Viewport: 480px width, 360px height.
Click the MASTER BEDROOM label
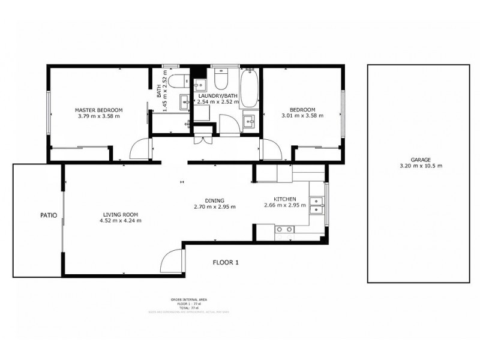click(x=98, y=110)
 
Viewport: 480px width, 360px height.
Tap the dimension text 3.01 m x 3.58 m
click(x=302, y=116)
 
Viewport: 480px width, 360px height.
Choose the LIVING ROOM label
click(x=121, y=214)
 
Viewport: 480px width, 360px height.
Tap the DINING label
click(x=214, y=200)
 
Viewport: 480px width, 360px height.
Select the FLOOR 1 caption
click(x=226, y=262)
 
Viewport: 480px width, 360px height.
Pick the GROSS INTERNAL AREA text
click(x=190, y=299)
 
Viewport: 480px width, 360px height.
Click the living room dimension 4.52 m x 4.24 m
click(x=121, y=220)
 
